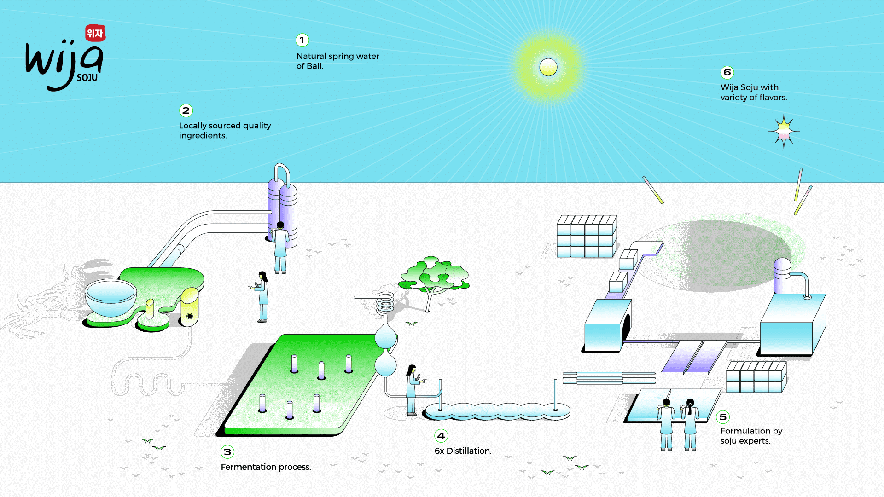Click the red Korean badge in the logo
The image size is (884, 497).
[x=95, y=33]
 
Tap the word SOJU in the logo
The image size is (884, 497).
[x=87, y=78]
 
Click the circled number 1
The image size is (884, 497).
[x=302, y=40]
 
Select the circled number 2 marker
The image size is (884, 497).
[x=186, y=110]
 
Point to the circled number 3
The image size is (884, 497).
[x=227, y=452]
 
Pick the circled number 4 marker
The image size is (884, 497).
[x=441, y=436]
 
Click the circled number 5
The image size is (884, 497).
[x=723, y=417]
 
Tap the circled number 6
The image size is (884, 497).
[x=727, y=72]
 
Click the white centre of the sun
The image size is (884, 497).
[x=548, y=67]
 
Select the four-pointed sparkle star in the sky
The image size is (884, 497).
[x=784, y=132]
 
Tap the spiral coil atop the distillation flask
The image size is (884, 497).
[x=385, y=303]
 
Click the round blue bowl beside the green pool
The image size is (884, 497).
[x=110, y=297]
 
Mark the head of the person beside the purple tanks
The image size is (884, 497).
[x=280, y=225]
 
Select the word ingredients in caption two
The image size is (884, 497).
[x=203, y=136]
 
